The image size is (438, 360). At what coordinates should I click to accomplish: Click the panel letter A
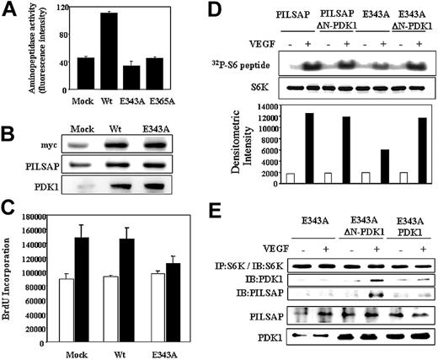(9, 10)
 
